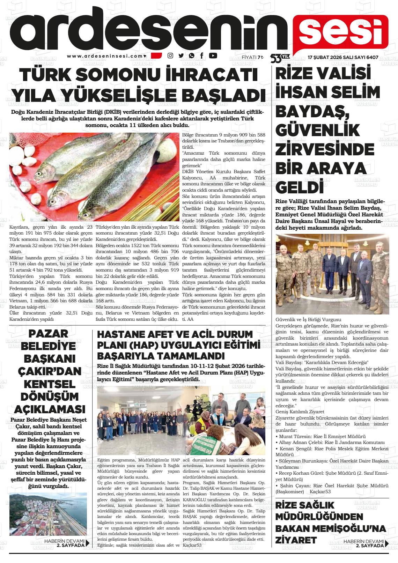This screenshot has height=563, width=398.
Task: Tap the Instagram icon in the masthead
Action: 170,55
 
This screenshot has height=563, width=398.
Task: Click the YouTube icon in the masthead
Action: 213,55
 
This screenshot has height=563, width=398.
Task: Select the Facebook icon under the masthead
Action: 202,55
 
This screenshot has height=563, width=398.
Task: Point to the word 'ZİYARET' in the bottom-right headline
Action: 296,540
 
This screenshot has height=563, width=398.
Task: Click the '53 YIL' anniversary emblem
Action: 280,58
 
